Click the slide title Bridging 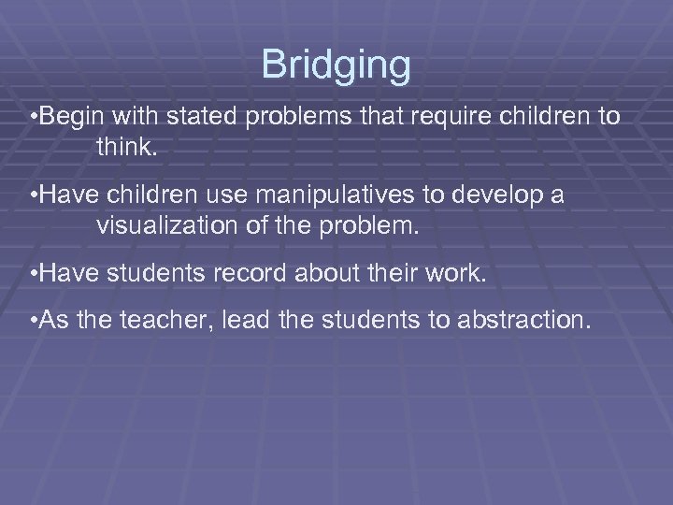[336, 65]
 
